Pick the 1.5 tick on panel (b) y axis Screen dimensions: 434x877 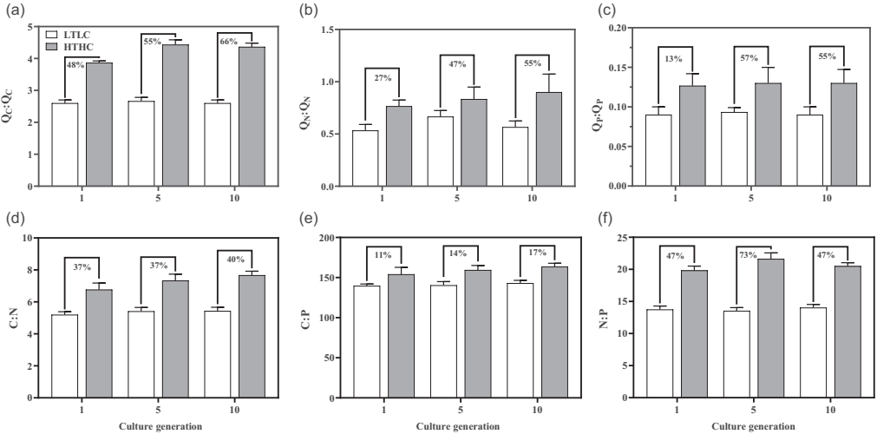tap(334, 30)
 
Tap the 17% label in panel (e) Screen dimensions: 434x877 tap(538, 253)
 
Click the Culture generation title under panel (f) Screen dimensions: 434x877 tap(751, 426)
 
